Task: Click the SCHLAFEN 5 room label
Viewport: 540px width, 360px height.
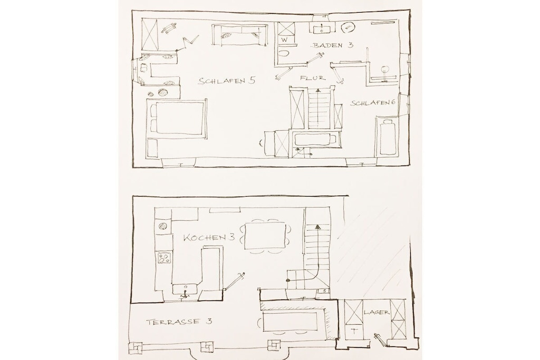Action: coord(227,81)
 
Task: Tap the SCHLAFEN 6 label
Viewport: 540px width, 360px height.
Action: coord(373,103)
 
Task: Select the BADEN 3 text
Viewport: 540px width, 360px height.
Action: coord(333,45)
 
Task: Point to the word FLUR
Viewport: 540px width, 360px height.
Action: coord(313,78)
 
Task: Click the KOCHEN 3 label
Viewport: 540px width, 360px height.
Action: coord(209,237)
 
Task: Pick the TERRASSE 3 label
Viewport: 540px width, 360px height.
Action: coord(179,322)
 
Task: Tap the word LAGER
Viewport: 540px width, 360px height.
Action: coord(377,313)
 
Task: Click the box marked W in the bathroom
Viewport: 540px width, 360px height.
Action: coord(285,40)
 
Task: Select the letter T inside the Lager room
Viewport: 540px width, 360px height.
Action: coord(354,332)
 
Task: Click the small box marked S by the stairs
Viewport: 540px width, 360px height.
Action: coord(324,291)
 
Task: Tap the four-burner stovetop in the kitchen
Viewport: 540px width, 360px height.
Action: coord(164,258)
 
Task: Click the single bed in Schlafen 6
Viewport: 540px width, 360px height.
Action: coord(388,136)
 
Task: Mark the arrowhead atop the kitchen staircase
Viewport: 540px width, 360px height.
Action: coord(317,227)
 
